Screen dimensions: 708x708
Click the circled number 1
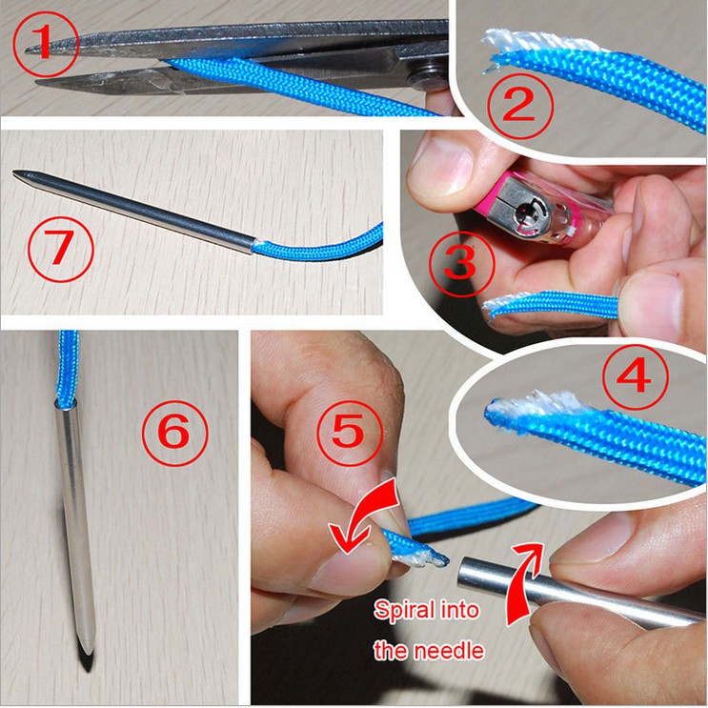click(x=46, y=44)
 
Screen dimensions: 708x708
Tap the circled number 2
click(x=520, y=107)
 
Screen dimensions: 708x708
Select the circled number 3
click(x=461, y=263)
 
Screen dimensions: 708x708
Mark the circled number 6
click(x=175, y=433)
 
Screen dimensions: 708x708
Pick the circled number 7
click(x=61, y=250)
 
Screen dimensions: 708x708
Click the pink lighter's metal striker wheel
click(x=529, y=212)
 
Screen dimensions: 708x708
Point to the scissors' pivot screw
click(x=428, y=71)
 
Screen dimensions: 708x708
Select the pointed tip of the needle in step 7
click(x=14, y=172)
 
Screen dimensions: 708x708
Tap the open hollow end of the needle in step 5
click(x=464, y=572)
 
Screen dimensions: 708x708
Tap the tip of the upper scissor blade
click(x=27, y=51)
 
